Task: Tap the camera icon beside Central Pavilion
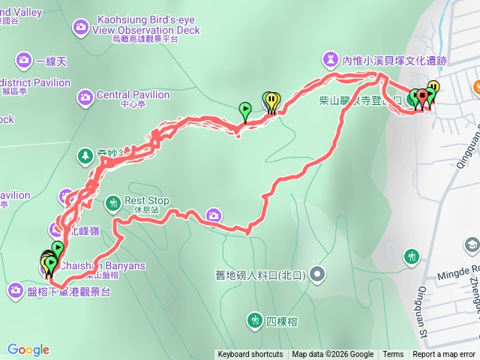pyautogui.click(x=85, y=96)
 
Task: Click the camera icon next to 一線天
pyautogui.click(x=24, y=59)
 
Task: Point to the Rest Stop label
pyautogui.click(x=147, y=201)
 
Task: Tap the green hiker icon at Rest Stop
pyautogui.click(x=113, y=202)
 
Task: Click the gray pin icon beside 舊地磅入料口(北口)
pyautogui.click(x=318, y=274)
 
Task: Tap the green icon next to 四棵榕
pyautogui.click(x=254, y=321)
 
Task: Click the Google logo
pyautogui.click(x=28, y=349)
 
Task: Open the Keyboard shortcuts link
pyautogui.click(x=250, y=355)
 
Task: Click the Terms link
pyautogui.click(x=393, y=355)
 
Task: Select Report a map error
pyautogui.click(x=444, y=355)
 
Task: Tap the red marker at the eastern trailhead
pyautogui.click(x=422, y=97)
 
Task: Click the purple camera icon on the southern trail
pyautogui.click(x=214, y=216)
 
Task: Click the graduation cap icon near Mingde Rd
pyautogui.click(x=471, y=244)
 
